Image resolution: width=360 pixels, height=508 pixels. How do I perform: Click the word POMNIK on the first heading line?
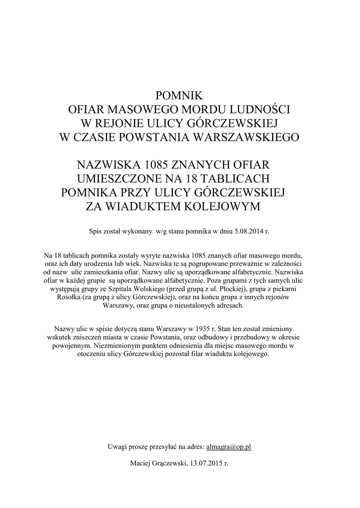[180, 95]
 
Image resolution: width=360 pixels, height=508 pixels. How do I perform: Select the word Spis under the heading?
[95, 231]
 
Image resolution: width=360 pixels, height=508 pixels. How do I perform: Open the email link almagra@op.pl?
[228, 447]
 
